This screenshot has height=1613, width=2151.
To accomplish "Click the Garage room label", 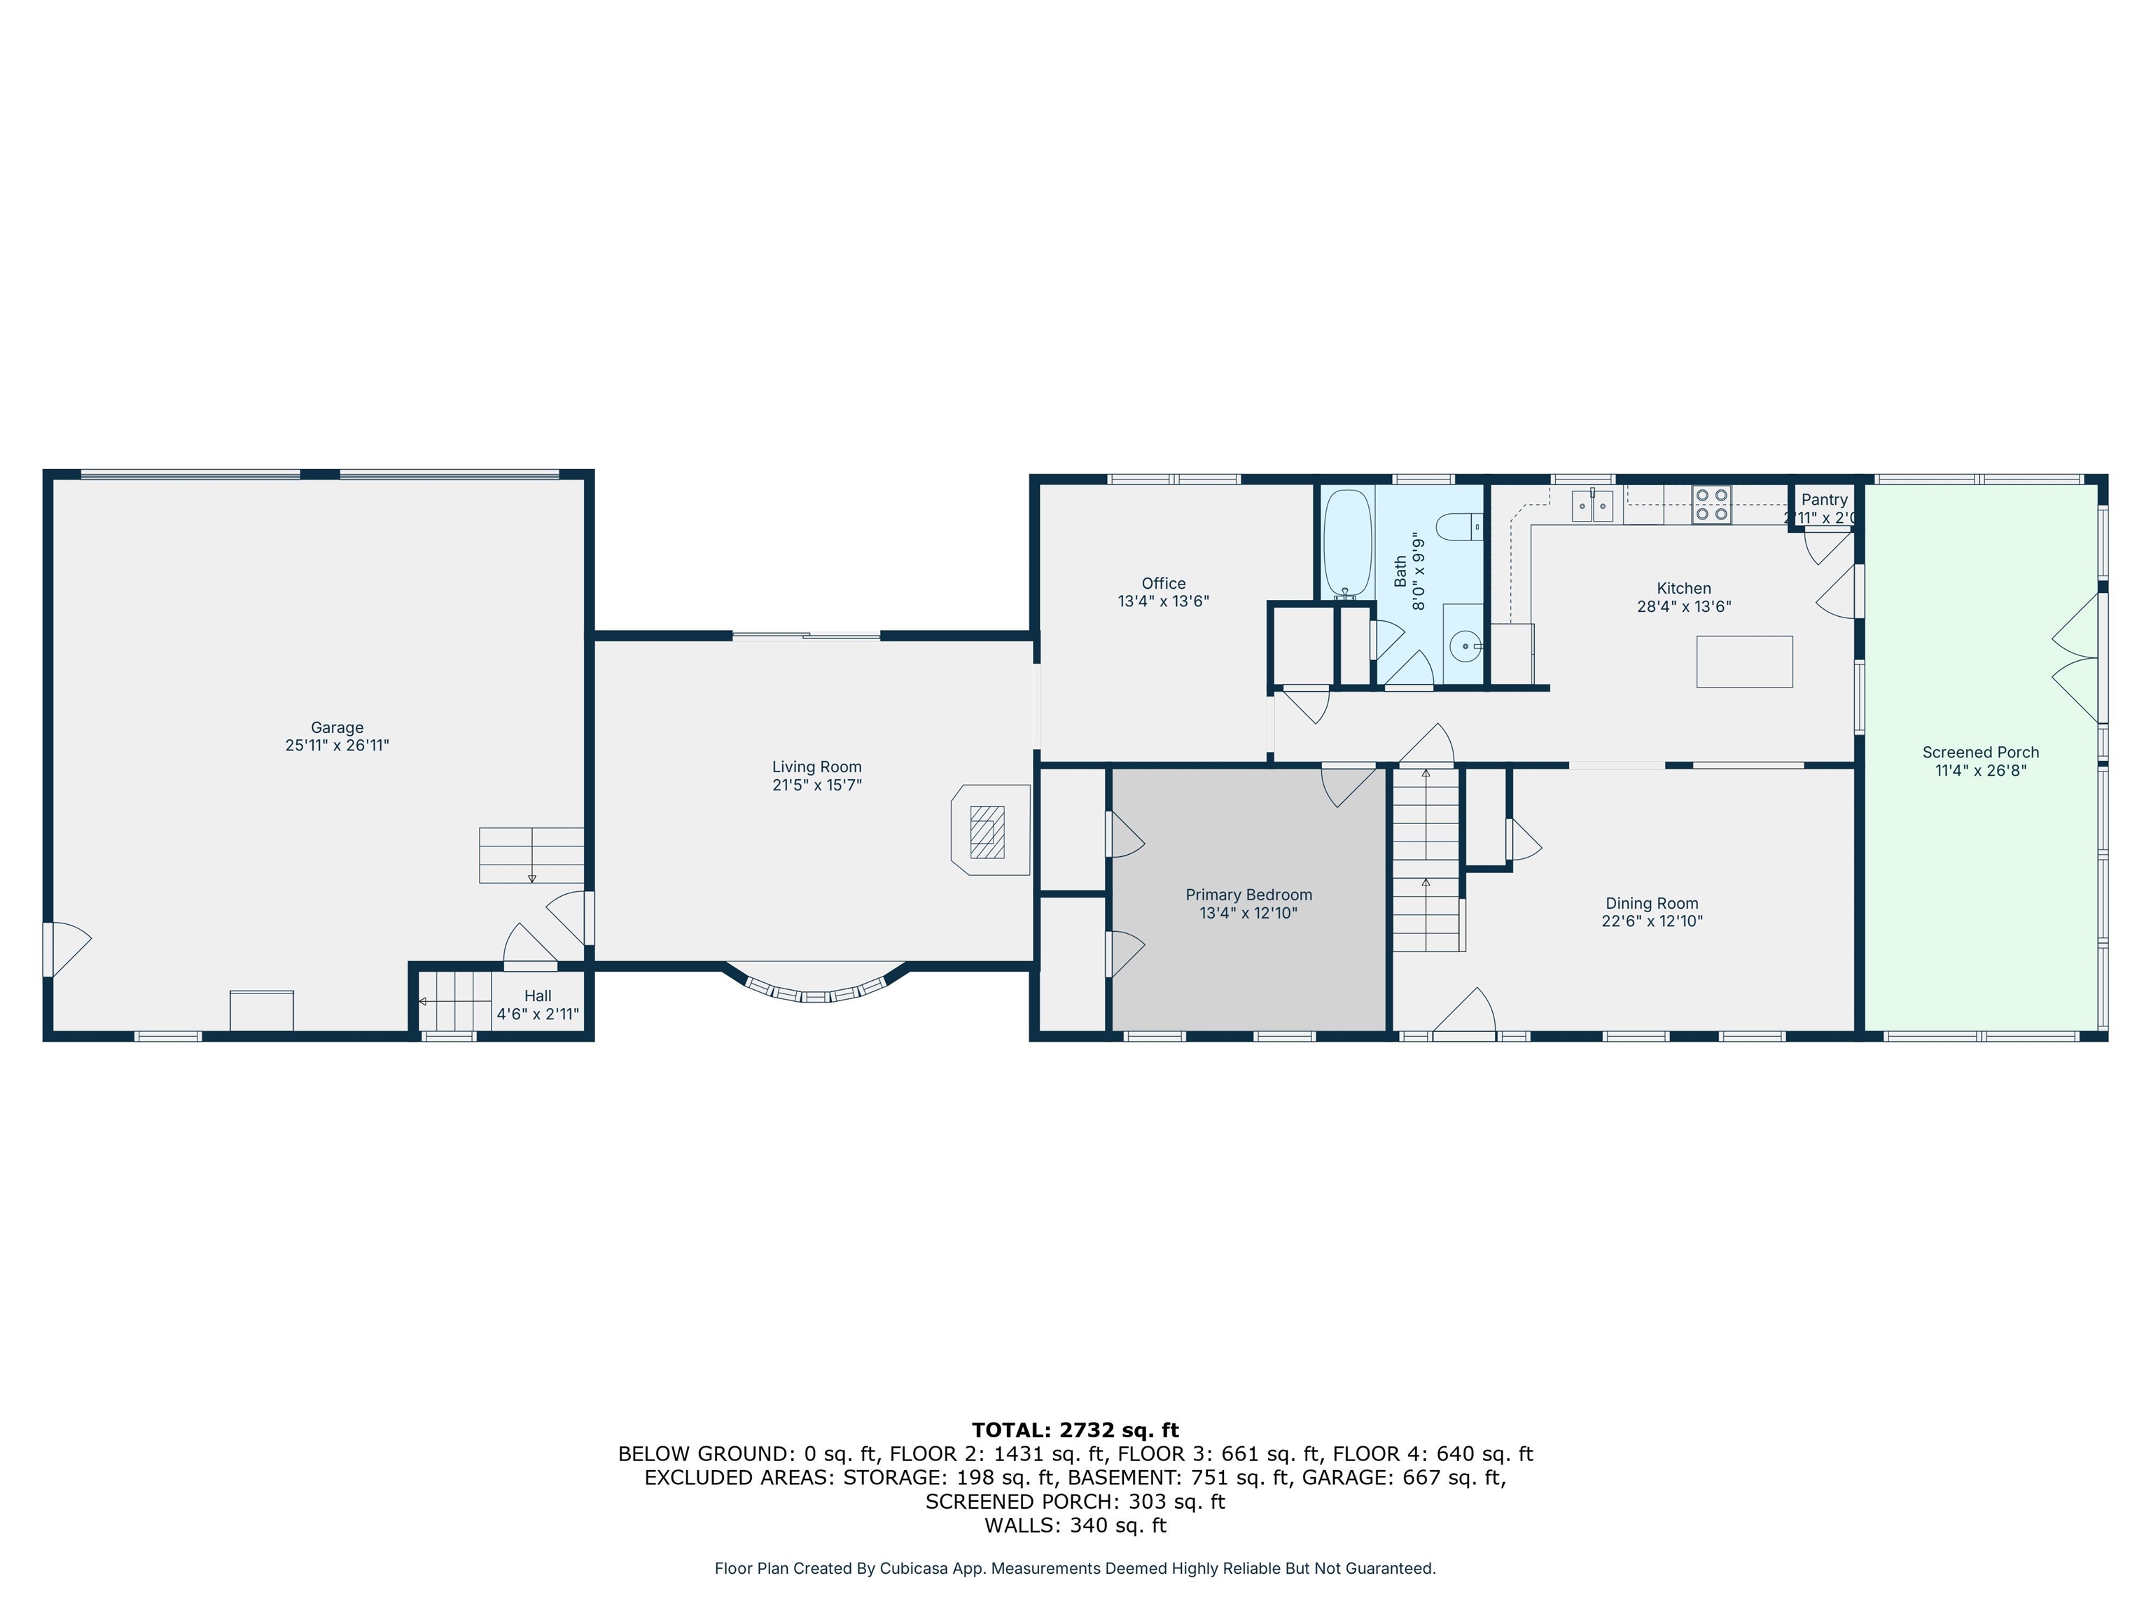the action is (x=337, y=727).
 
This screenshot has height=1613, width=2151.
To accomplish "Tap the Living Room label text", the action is (x=817, y=767).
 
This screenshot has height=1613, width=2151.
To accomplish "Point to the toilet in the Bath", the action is (x=1460, y=527).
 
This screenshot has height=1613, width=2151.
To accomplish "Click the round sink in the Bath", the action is (x=1463, y=645).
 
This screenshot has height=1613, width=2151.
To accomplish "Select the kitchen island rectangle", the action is (x=1744, y=662).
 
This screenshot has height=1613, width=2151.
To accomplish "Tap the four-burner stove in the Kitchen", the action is (x=1711, y=505).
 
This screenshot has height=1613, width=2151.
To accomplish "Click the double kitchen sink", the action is (x=1593, y=505).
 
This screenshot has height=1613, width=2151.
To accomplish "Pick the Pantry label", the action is (x=1824, y=500).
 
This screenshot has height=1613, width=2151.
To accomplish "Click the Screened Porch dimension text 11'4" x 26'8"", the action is (x=1981, y=770).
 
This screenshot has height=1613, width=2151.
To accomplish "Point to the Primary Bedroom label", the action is (x=1248, y=895).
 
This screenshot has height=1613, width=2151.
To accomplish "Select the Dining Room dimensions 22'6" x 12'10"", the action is (x=1652, y=921).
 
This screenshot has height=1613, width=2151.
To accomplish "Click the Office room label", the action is (x=1164, y=583).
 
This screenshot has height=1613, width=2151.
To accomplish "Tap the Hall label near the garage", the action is (x=538, y=996).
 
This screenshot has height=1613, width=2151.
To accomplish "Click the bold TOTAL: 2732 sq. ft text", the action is (x=1075, y=1430).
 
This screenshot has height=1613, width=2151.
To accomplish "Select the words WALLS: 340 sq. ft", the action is (x=1075, y=1525).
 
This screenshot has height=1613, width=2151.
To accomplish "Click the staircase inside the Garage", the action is (x=531, y=856).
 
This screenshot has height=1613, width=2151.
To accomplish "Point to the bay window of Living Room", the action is (x=817, y=987).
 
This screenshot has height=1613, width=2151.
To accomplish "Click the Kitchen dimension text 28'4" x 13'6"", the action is (x=1684, y=606).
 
